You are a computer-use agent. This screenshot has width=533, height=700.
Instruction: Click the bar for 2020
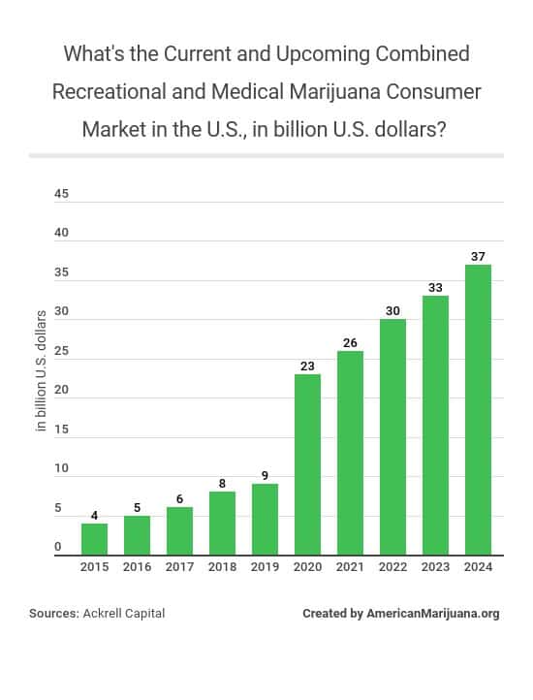click(x=307, y=464)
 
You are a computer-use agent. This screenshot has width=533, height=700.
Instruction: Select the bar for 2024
click(x=478, y=410)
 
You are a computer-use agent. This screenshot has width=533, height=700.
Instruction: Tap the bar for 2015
click(x=94, y=538)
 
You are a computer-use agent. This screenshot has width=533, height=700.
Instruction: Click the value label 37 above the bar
click(x=478, y=256)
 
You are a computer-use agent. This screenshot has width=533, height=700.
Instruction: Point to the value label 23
click(x=307, y=366)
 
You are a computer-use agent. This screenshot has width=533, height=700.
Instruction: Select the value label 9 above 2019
click(x=265, y=475)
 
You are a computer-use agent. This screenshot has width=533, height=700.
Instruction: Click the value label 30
click(x=392, y=311)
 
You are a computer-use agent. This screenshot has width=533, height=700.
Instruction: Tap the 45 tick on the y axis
click(x=62, y=194)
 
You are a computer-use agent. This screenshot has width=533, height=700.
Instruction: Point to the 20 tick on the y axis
click(x=62, y=390)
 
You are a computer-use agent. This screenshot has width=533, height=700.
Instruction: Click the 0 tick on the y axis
click(x=58, y=547)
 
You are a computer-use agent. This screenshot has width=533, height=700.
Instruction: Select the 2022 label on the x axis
click(x=392, y=567)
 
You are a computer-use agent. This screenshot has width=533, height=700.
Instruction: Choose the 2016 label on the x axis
click(x=137, y=567)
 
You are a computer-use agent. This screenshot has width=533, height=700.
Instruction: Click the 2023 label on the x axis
click(x=435, y=567)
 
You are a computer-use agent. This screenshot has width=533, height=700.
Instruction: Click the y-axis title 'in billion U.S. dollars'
click(x=42, y=370)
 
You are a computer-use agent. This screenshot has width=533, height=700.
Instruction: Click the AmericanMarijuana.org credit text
click(x=433, y=614)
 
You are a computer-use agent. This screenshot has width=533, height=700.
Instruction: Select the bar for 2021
click(x=350, y=453)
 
